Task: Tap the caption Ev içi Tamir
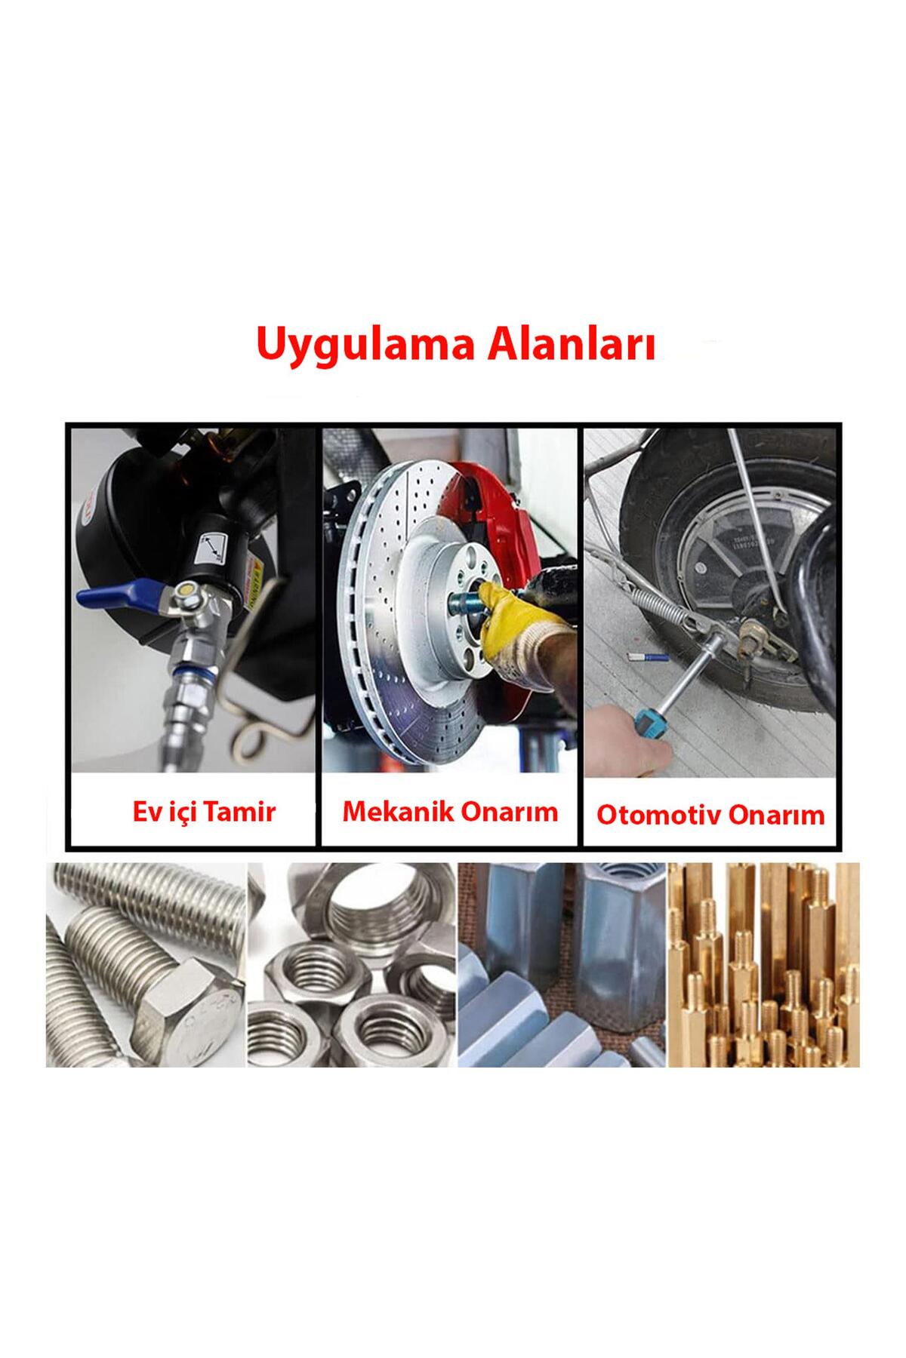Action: (204, 812)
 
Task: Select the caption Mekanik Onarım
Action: (450, 811)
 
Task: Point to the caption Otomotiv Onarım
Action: (710, 815)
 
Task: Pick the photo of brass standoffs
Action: (763, 964)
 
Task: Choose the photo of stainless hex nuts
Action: (352, 964)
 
